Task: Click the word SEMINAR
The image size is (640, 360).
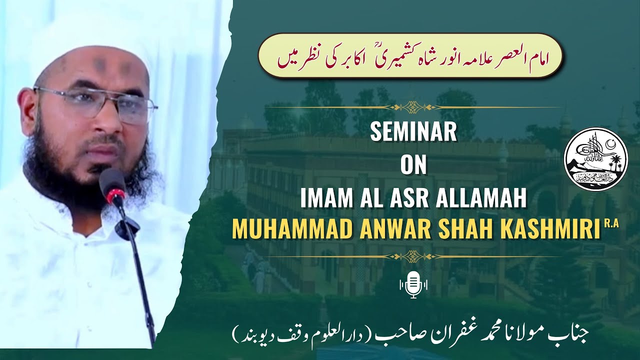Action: (x=413, y=133)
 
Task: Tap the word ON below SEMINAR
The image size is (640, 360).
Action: (x=413, y=166)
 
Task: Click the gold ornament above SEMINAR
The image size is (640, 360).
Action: (x=413, y=106)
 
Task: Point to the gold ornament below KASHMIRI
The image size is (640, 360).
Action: (x=413, y=256)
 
